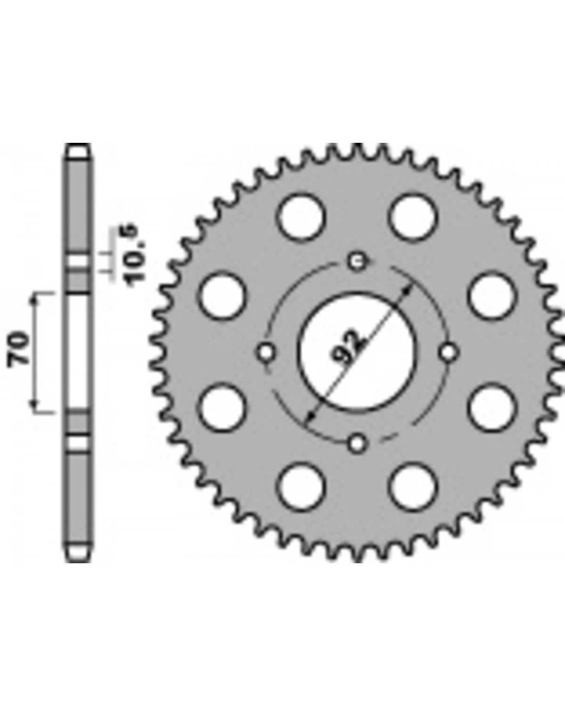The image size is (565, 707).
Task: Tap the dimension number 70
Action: click(19, 349)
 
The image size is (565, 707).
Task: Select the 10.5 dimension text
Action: click(134, 256)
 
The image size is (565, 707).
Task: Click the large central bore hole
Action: click(357, 352)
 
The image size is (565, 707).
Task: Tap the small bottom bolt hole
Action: click(357, 444)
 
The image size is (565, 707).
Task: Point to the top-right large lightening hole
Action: click(413, 217)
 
